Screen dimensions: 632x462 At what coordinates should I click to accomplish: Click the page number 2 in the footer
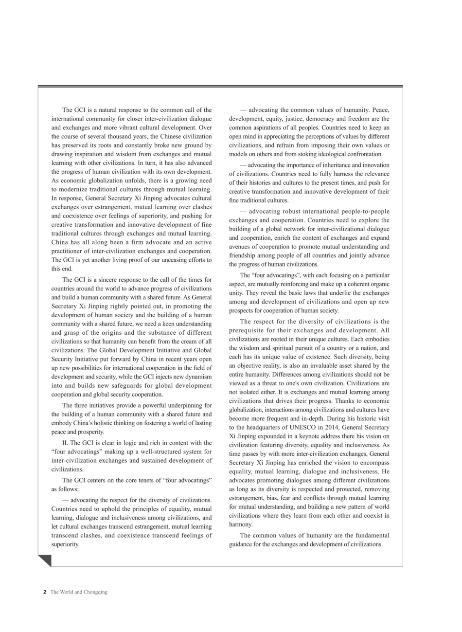(45, 592)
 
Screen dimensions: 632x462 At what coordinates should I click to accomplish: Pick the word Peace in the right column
(379, 110)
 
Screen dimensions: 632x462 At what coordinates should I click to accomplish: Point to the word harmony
(241, 524)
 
